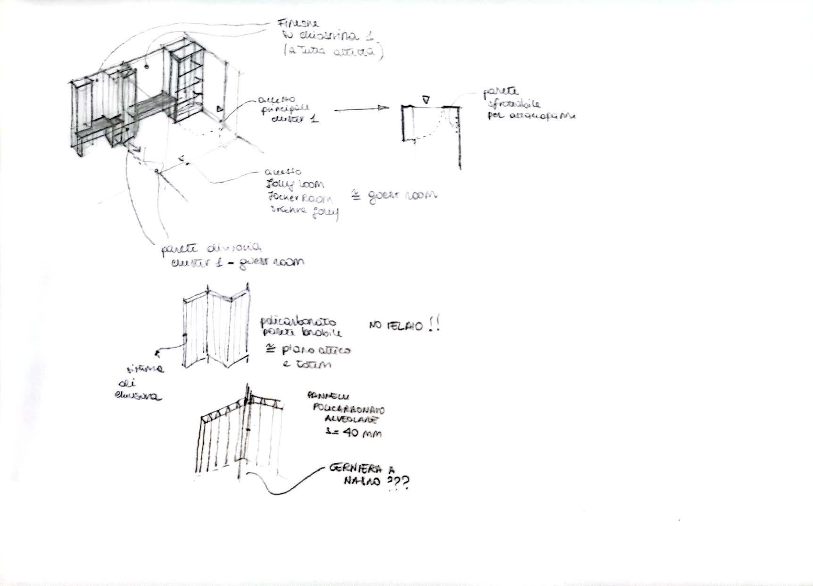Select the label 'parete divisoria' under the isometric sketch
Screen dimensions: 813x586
tap(211, 248)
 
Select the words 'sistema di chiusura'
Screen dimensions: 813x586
tap(140, 382)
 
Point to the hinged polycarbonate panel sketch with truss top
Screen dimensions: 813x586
tap(241, 436)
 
